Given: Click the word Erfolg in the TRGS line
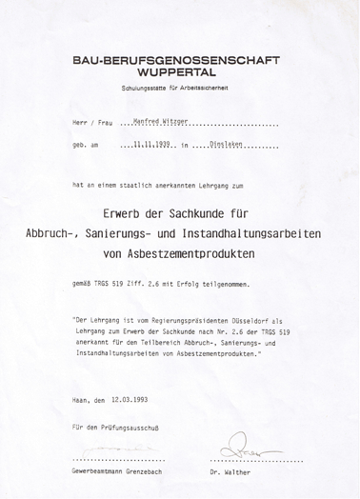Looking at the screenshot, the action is pyautogui.click(x=210, y=284).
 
